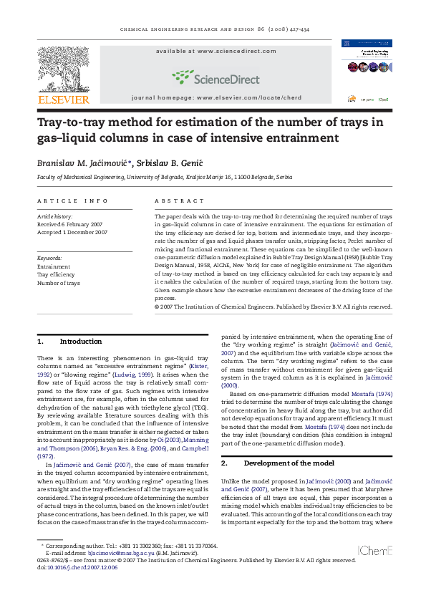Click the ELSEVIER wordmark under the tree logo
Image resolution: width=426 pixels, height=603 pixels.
[63, 100]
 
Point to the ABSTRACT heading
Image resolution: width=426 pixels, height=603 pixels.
[175, 201]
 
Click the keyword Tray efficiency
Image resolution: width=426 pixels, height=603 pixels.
[56, 274]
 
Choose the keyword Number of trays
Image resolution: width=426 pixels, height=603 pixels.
[59, 283]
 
